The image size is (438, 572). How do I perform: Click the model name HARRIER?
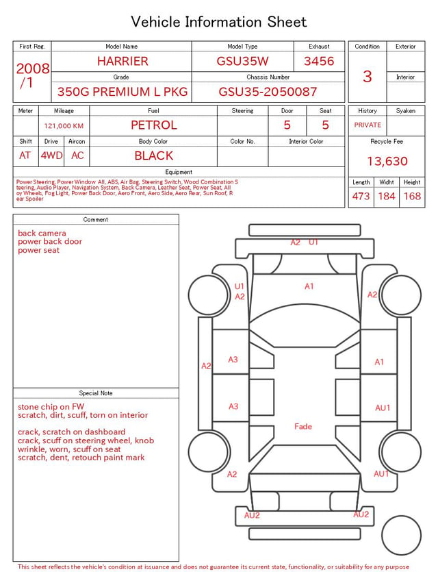click(x=123, y=61)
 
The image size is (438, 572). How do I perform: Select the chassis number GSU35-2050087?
click(x=268, y=92)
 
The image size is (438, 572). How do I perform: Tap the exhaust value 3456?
click(x=319, y=61)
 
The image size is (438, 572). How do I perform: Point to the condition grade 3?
click(x=368, y=77)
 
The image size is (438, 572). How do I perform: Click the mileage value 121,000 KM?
click(x=64, y=126)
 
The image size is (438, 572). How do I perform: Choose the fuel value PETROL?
click(x=154, y=125)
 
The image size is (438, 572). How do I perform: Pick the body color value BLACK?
click(x=154, y=156)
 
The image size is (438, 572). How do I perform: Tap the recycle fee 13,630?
click(x=387, y=161)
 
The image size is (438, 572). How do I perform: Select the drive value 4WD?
click(x=51, y=156)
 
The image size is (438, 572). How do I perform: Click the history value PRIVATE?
click(x=368, y=125)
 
